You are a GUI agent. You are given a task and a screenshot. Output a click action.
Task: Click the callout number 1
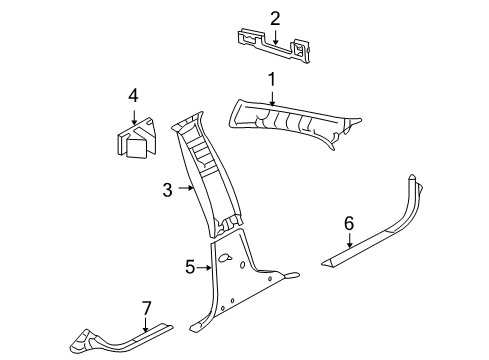270,79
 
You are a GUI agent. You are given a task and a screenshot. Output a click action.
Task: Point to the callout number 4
131,96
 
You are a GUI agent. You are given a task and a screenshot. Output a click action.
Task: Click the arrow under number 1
270,96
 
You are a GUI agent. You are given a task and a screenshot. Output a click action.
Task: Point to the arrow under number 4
131,114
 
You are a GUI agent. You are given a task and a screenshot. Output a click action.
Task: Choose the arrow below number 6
349,267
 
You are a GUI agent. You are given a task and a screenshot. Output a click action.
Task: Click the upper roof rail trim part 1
300,125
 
